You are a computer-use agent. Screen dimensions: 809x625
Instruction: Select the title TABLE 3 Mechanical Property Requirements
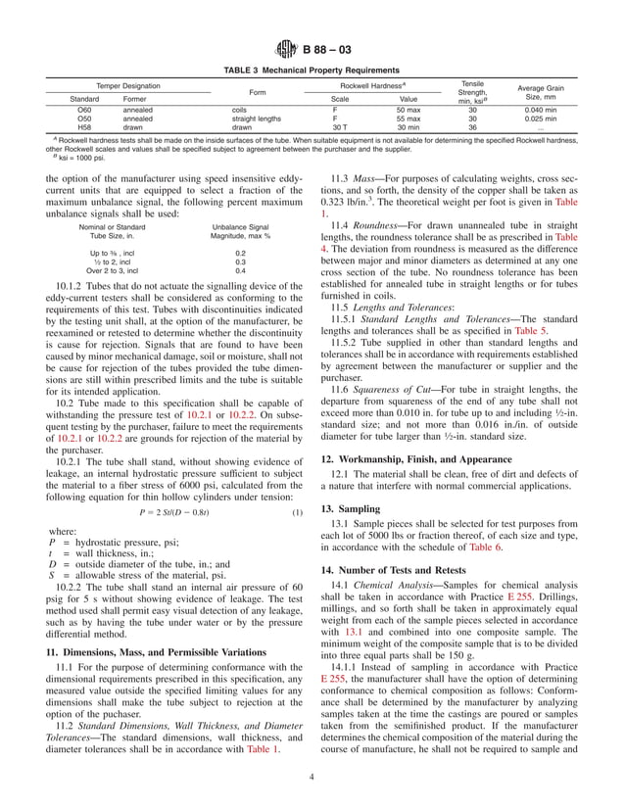pos(312,71)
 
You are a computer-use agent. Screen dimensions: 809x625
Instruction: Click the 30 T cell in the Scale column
pos(340,126)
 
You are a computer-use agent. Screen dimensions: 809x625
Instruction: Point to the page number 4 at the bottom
pos(312,779)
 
